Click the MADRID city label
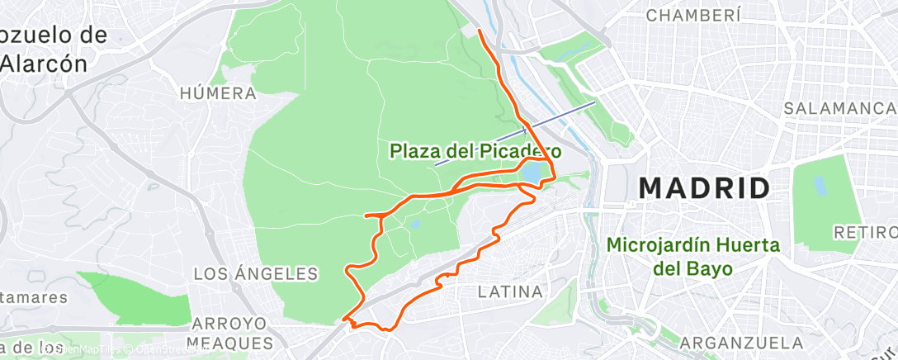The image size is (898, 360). (x=704, y=188)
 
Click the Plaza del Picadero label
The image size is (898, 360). (x=476, y=151)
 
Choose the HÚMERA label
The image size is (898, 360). (x=218, y=93)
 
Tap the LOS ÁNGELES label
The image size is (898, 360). (x=256, y=273)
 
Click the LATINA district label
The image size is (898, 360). (x=511, y=291)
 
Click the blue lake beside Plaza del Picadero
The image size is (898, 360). (x=532, y=173)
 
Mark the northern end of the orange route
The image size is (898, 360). (x=480, y=31)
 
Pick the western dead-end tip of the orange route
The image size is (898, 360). (x=365, y=216)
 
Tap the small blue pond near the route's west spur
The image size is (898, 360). (x=414, y=223)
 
